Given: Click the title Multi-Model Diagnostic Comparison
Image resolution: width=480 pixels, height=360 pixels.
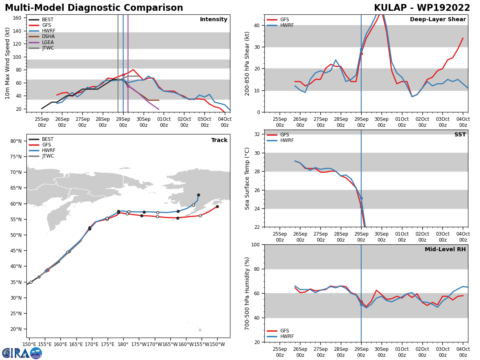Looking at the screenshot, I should point(94,8).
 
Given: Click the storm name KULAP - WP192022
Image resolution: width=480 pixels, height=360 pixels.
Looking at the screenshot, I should point(422,8).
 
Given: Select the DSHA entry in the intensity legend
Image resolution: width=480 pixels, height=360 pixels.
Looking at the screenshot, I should point(48,36).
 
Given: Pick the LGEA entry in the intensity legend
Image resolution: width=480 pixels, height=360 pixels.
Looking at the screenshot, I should point(48,42).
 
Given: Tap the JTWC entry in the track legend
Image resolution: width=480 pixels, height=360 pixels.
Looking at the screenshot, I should point(48,156).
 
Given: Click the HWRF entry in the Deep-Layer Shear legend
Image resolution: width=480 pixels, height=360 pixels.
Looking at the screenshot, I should point(287,25).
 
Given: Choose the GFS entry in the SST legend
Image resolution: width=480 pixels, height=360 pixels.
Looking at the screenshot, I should point(284,135).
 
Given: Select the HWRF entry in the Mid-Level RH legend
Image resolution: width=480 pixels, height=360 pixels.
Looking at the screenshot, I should point(287,336).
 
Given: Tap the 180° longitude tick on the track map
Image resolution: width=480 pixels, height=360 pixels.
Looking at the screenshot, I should point(123,344).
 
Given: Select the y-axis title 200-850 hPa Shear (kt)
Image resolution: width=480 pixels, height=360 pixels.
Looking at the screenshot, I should point(248,63).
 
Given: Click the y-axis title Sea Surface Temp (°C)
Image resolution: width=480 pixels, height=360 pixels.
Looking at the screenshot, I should point(248,178).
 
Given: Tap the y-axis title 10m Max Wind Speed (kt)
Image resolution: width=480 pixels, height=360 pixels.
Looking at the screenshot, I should point(8,63).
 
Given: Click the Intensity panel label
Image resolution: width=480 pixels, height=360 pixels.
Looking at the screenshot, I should point(214,20).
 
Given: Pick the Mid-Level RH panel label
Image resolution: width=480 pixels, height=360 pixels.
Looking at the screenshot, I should point(445,250).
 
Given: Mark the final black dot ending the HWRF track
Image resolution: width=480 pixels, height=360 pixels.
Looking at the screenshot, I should point(198,195).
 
